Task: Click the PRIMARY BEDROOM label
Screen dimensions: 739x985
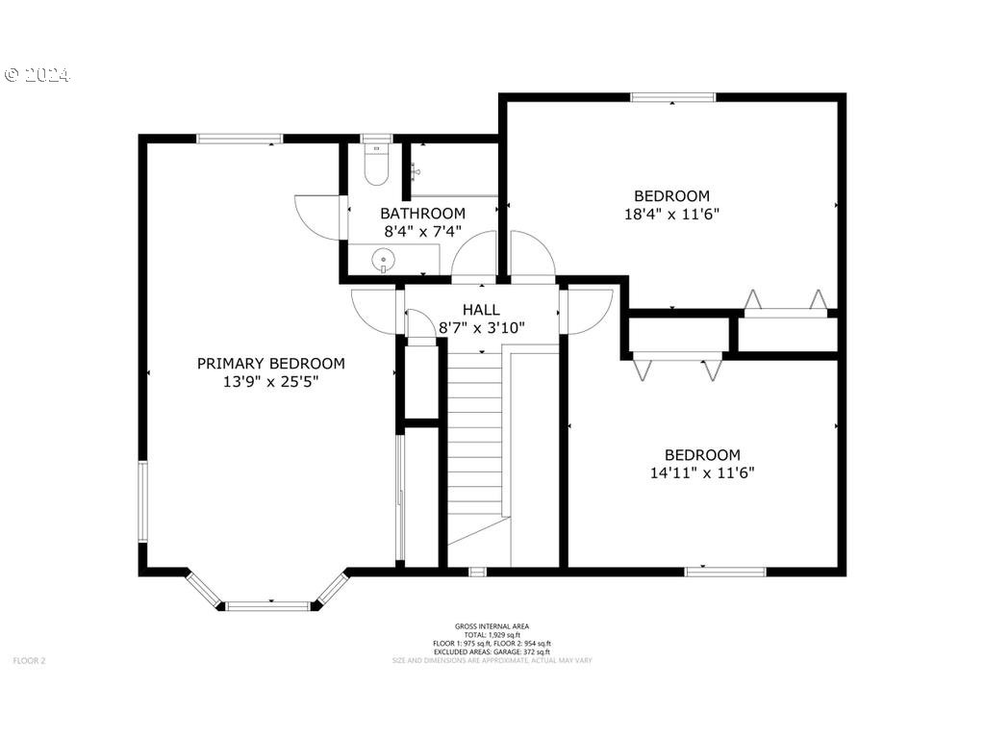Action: click(x=270, y=363)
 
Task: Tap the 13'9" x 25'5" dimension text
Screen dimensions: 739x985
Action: click(x=270, y=381)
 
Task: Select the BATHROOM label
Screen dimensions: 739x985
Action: click(x=422, y=213)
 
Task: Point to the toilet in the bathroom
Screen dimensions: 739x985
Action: click(x=377, y=166)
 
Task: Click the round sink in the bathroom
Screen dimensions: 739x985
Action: click(x=384, y=258)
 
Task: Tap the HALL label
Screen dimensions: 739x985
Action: click(x=481, y=309)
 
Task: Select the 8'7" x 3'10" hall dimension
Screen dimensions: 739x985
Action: click(x=481, y=327)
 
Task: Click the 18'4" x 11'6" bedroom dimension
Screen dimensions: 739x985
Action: click(x=671, y=214)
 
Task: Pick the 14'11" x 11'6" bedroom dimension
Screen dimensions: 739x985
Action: click(x=702, y=472)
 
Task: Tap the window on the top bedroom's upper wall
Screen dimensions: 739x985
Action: click(x=672, y=97)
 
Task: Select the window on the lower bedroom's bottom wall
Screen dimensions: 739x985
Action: click(x=725, y=572)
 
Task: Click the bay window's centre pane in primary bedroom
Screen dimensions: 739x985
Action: click(x=268, y=606)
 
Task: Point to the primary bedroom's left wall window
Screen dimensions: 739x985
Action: click(x=142, y=500)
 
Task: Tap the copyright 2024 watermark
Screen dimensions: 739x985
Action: click(x=38, y=75)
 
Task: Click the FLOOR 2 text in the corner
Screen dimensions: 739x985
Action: click(x=29, y=660)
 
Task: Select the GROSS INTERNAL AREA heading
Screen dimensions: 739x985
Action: click(x=492, y=626)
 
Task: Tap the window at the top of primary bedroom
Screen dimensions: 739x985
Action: click(x=240, y=139)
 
